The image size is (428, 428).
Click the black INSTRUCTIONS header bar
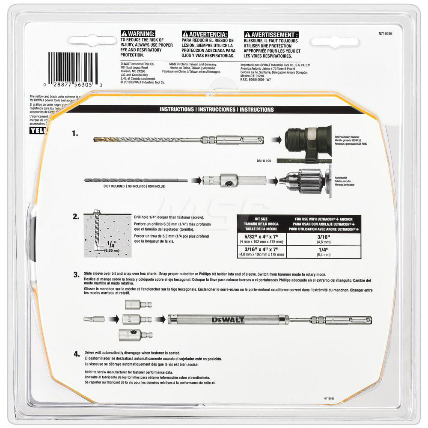pos(217,110)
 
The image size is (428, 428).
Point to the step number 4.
pos(75,354)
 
